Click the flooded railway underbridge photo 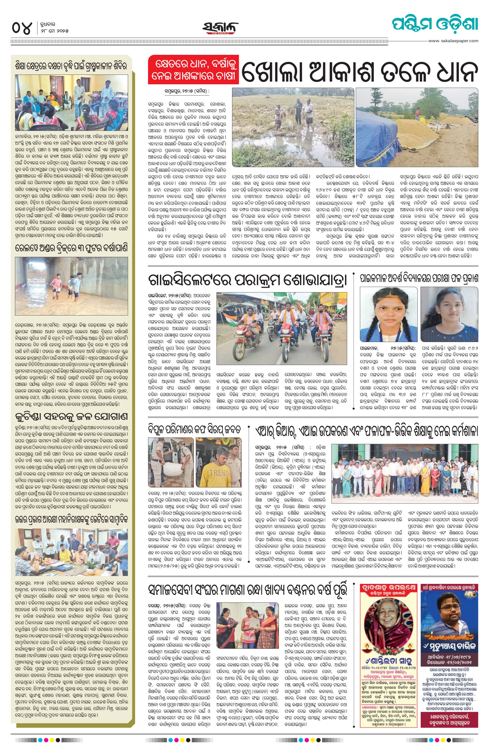coord(71,286)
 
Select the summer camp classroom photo coord(71,103)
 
